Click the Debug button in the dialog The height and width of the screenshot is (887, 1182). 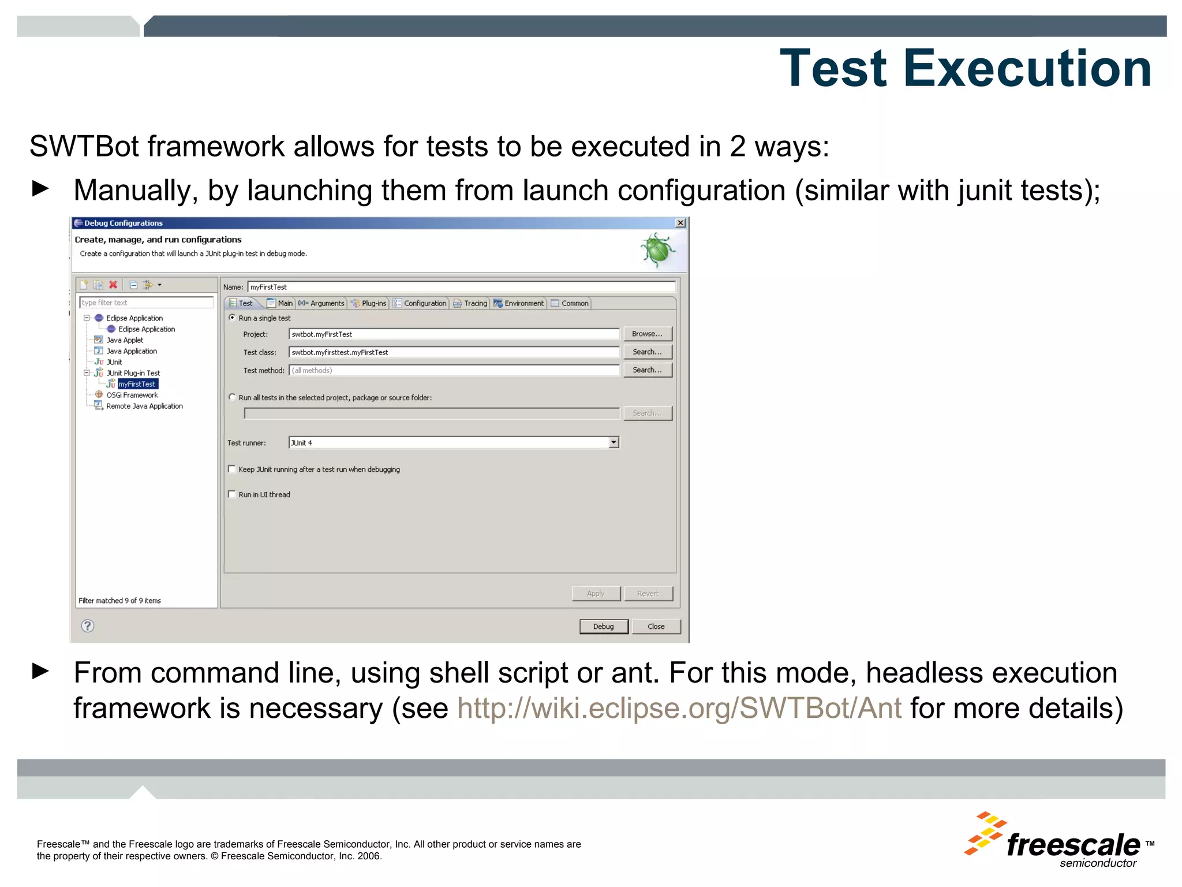(x=603, y=627)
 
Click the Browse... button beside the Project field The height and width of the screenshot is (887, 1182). (x=647, y=334)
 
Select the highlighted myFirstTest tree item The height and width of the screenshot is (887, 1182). (x=137, y=384)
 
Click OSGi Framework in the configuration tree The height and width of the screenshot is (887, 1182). (x=132, y=395)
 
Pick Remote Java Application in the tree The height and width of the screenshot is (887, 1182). (x=144, y=406)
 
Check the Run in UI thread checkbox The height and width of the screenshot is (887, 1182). (x=232, y=494)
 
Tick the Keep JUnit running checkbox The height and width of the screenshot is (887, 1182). (x=232, y=469)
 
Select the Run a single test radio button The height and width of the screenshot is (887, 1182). (x=232, y=318)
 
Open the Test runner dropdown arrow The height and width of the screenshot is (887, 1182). (x=614, y=442)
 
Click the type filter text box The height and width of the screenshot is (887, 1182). (x=146, y=303)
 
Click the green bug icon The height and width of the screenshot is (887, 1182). (x=657, y=250)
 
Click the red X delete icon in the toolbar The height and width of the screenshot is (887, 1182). (x=113, y=285)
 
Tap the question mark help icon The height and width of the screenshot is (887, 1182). (x=88, y=626)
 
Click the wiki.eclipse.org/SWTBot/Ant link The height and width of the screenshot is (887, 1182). (x=679, y=708)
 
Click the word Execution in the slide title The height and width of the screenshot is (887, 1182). (x=1027, y=69)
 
